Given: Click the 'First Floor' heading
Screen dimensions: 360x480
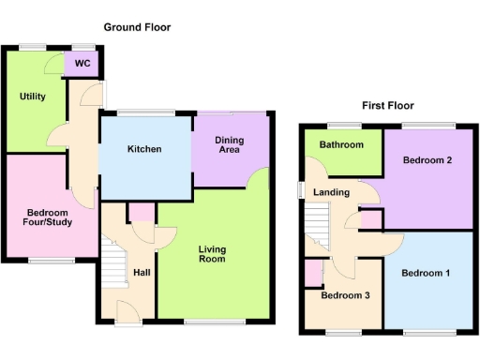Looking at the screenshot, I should (388, 106).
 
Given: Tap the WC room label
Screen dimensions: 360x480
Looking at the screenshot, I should (82, 65).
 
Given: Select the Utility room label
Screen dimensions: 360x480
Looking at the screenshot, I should (33, 96).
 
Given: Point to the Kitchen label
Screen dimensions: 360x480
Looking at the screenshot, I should (144, 149).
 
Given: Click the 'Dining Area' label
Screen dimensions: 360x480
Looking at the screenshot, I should (230, 145).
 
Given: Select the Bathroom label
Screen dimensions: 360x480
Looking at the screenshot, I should (339, 145).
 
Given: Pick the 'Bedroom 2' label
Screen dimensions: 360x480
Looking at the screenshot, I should (427, 160).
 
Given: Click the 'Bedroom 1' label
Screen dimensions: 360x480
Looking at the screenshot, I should (426, 274).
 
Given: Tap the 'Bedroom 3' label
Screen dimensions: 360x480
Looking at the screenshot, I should (346, 295).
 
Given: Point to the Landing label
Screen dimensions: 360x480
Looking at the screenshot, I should (332, 193).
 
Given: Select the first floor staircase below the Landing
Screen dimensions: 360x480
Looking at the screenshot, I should (319, 228).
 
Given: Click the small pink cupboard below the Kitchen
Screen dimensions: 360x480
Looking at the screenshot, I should (142, 213).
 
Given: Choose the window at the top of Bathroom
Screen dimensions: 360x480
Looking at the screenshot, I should (339, 125).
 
